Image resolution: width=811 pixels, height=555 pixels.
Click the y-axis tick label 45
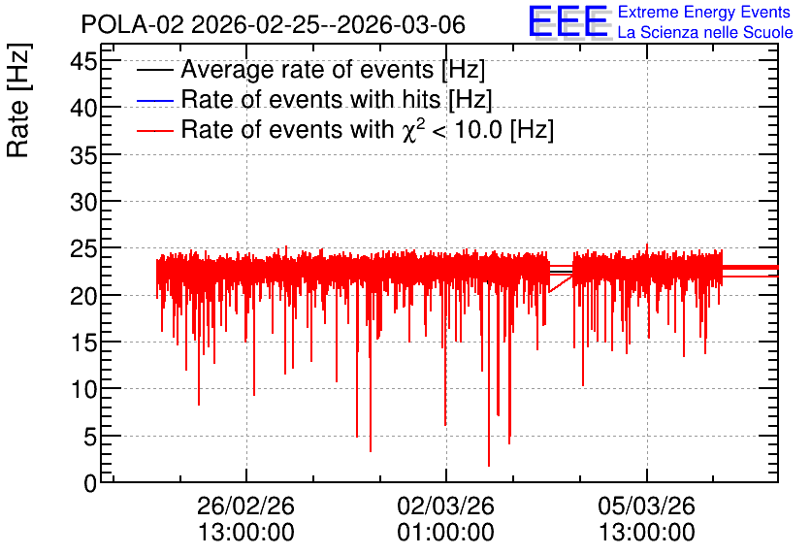click(x=83, y=63)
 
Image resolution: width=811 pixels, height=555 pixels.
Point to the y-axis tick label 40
click(x=83, y=109)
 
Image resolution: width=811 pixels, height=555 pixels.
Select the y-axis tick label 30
click(x=83, y=202)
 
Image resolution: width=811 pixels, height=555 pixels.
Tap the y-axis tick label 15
click(x=83, y=343)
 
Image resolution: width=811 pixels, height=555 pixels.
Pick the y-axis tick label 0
click(x=90, y=483)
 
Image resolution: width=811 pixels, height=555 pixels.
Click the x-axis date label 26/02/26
click(x=245, y=506)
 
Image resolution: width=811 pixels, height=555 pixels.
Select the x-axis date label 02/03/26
click(x=446, y=506)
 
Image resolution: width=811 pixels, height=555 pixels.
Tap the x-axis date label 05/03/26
click(x=646, y=506)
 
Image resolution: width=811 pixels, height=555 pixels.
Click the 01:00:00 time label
click(x=446, y=532)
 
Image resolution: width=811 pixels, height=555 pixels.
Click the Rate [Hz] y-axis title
click(x=18, y=100)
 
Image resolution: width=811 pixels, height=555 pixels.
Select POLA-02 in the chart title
click(x=132, y=24)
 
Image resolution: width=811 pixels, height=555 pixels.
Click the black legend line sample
click(x=154, y=70)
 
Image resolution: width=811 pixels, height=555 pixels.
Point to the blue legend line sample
click(x=154, y=100)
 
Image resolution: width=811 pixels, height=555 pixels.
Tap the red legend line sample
click(x=154, y=130)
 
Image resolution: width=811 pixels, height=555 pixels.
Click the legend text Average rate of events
click(x=308, y=69)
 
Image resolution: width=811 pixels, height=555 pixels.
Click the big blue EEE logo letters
click(x=568, y=21)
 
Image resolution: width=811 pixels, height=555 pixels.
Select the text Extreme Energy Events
click(x=704, y=12)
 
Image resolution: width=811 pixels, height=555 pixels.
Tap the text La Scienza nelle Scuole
click(x=705, y=32)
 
